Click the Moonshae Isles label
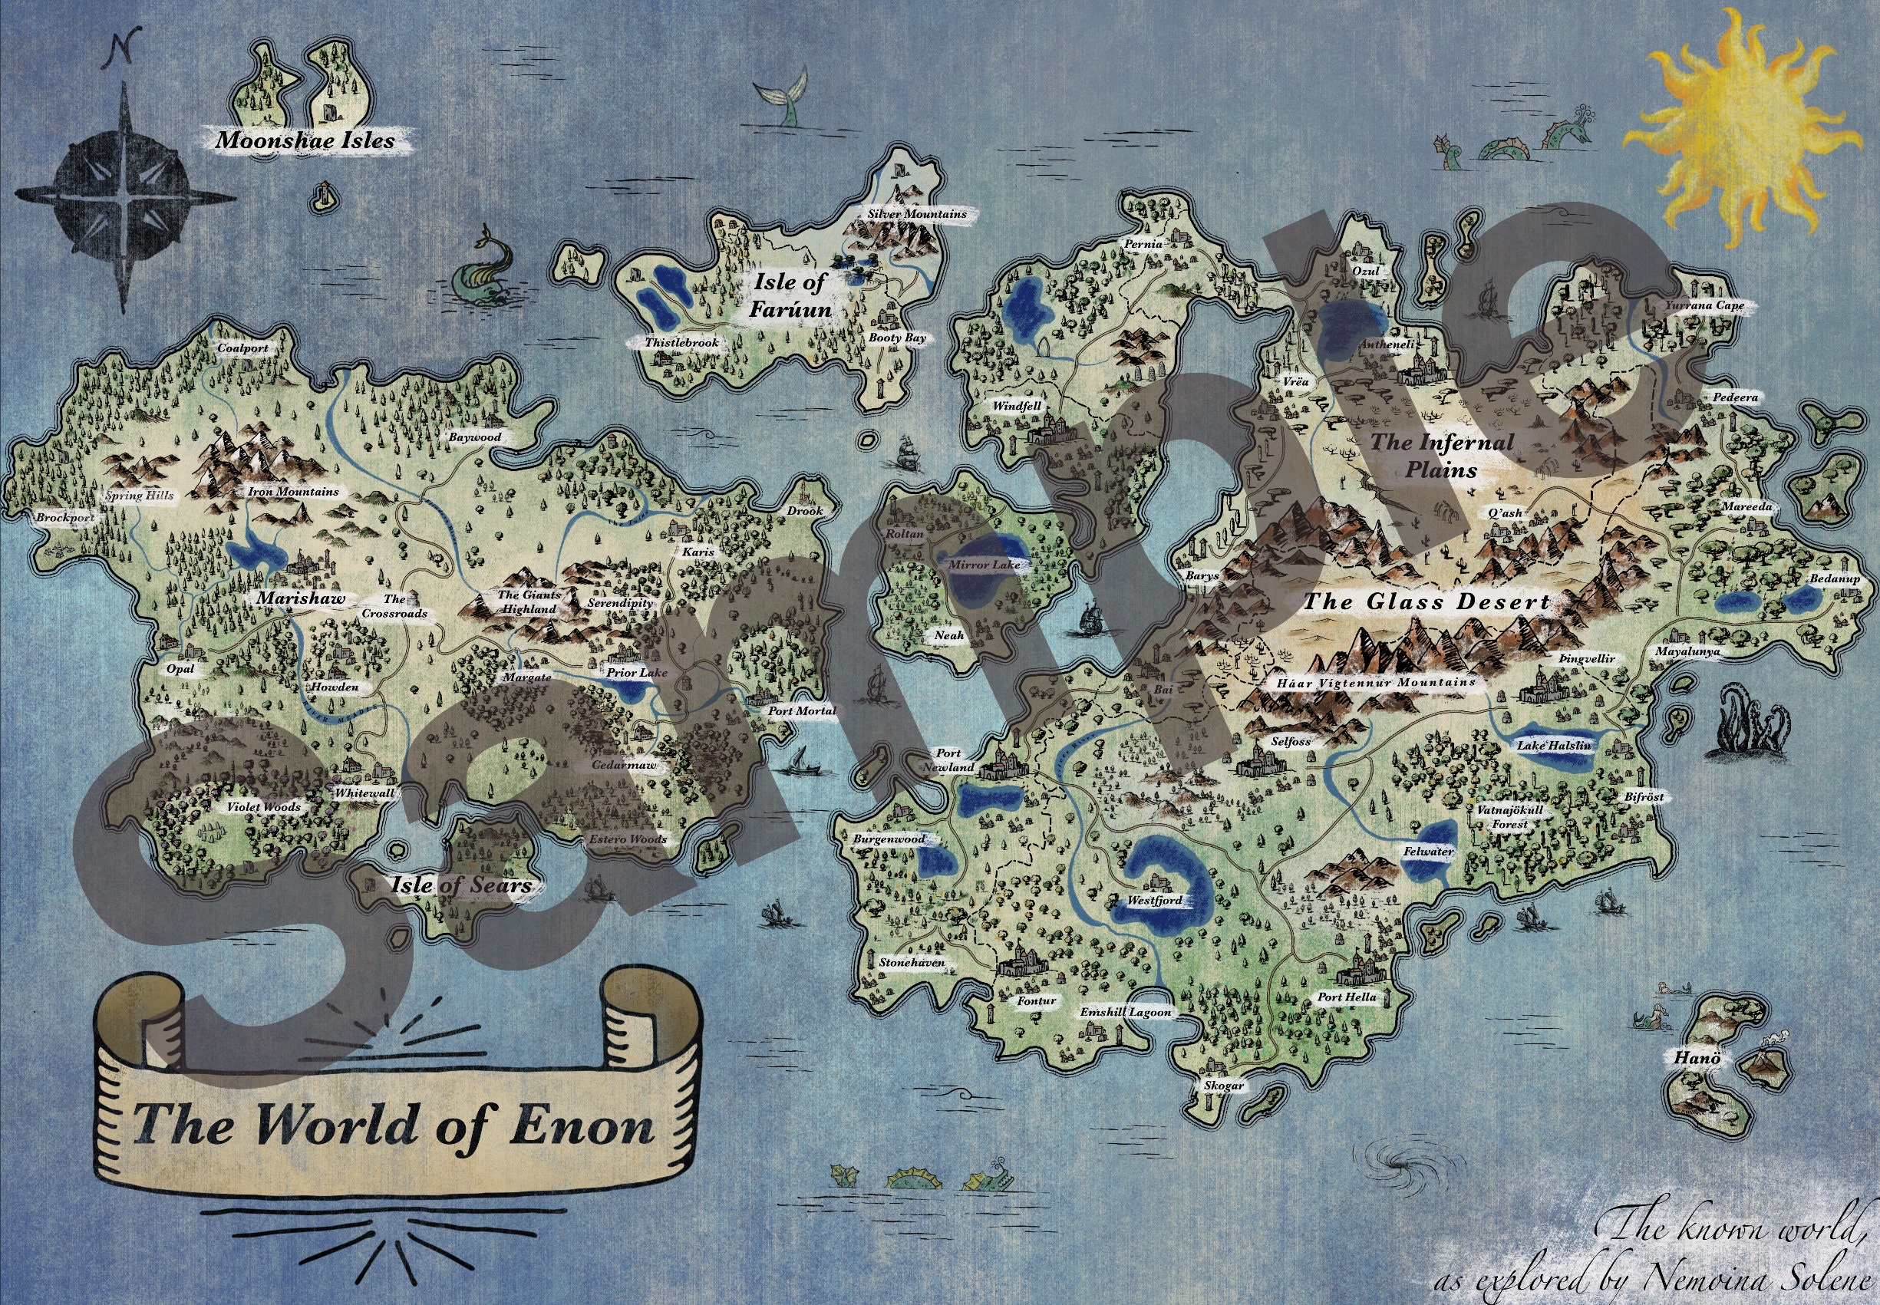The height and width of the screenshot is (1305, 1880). (305, 140)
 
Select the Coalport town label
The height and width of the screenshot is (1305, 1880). (243, 348)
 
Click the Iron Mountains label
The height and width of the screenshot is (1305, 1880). (293, 492)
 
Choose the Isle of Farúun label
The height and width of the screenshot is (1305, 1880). (789, 295)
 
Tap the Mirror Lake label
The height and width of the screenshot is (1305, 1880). (985, 564)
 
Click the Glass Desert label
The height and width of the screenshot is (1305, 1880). (1426, 601)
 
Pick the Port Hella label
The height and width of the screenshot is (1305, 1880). (1346, 997)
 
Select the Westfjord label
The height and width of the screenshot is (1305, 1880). (1155, 900)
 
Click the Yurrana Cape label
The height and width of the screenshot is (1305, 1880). (1705, 305)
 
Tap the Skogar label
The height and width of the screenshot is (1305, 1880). (1224, 1086)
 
